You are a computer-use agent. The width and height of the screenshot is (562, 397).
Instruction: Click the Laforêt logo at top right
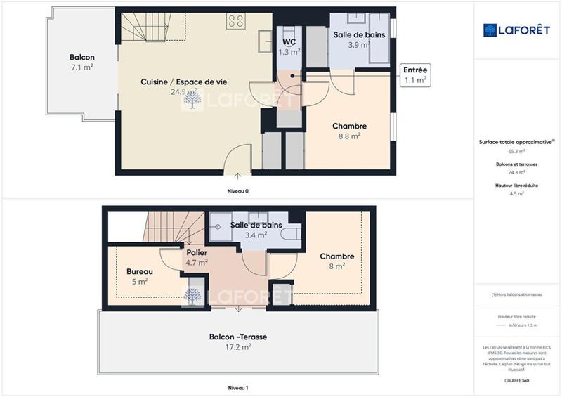click(516, 30)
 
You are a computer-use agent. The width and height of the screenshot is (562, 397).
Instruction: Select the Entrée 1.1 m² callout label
click(416, 75)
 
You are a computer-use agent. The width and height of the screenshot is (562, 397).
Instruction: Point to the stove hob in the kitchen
click(235, 22)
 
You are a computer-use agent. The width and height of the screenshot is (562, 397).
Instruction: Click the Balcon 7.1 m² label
click(82, 62)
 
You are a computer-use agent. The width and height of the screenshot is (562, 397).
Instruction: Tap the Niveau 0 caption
click(238, 190)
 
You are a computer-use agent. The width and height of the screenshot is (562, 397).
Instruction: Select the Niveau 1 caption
click(238, 387)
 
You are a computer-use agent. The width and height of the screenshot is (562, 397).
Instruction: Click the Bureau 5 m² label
click(139, 276)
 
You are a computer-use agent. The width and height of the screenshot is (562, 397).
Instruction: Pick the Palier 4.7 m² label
click(196, 257)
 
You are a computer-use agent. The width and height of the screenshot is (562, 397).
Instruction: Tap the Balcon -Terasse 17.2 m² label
click(238, 341)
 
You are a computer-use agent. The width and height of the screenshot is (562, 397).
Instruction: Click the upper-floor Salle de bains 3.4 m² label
click(256, 230)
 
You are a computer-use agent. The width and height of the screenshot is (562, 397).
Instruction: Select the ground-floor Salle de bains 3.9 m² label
click(358, 39)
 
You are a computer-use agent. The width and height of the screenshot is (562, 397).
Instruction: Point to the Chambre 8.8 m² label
click(349, 131)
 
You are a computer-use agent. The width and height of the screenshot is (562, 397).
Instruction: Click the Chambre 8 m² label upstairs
click(336, 261)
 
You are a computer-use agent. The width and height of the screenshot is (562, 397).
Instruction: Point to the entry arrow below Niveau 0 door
click(238, 175)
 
